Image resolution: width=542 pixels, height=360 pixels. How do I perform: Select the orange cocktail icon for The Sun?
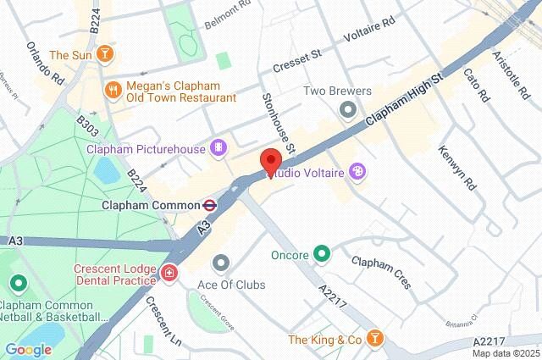click(x=103, y=55)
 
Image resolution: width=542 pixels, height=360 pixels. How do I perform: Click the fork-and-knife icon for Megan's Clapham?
click(x=112, y=89)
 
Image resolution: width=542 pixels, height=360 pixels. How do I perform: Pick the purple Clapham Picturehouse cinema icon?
click(x=219, y=149)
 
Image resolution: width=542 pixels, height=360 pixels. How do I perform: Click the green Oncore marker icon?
click(x=322, y=253)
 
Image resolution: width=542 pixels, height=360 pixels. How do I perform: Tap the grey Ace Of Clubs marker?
click(x=221, y=263)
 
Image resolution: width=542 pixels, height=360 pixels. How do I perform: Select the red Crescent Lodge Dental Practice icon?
click(x=170, y=273)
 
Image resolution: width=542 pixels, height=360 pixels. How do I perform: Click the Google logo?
click(x=28, y=349)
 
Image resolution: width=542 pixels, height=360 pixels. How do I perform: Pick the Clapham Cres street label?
click(x=382, y=272)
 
